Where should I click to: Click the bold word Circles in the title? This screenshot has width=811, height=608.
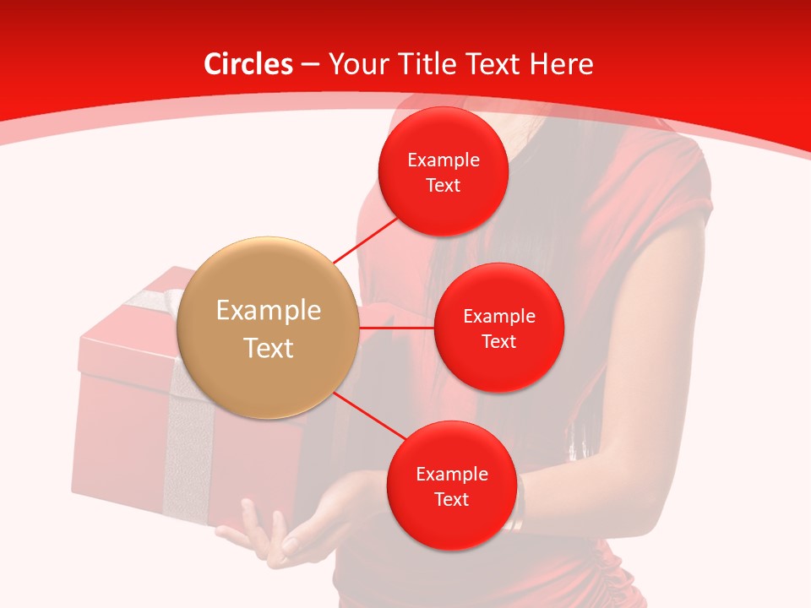pos(248,64)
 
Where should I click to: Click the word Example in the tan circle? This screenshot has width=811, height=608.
pos(268,311)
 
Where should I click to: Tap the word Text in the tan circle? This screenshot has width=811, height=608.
pos(268,348)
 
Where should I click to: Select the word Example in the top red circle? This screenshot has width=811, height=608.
pos(443,160)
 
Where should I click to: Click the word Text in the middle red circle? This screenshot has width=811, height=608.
pos(498,341)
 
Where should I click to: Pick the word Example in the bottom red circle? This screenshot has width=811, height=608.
pos(451,475)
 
